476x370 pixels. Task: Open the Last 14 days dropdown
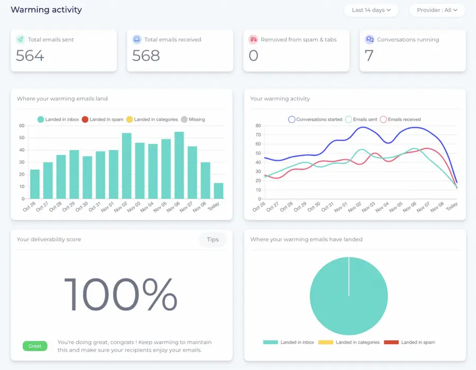(x=371, y=10)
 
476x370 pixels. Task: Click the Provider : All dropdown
(x=436, y=10)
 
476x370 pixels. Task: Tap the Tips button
(x=213, y=239)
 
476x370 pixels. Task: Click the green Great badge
(x=35, y=346)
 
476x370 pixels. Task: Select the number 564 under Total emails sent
(x=30, y=55)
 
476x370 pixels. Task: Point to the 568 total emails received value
(x=146, y=55)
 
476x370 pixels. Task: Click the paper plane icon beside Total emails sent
(x=20, y=40)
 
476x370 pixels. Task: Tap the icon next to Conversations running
(x=370, y=40)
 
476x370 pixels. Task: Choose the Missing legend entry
(x=193, y=119)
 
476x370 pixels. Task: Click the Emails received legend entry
(x=400, y=119)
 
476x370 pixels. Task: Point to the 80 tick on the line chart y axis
(x=258, y=126)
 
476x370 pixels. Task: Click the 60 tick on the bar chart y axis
(x=22, y=126)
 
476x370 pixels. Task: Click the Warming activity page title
(x=47, y=10)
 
